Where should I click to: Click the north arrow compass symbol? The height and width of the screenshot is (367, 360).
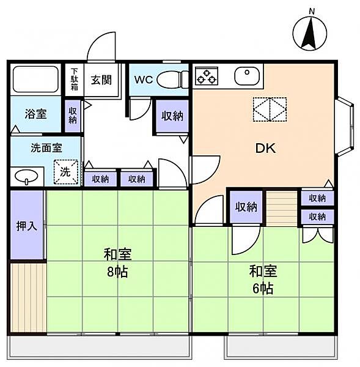tap(310, 33)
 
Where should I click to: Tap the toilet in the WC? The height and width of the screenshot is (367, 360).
tap(172, 80)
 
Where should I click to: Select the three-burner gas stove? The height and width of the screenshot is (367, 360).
tap(207, 76)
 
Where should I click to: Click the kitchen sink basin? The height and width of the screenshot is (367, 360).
tap(247, 76)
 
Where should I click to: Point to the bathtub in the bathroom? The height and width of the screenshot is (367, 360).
tap(35, 80)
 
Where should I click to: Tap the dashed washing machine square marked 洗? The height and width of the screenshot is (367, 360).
tap(66, 172)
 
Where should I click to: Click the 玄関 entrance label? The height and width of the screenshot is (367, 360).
tap(101, 80)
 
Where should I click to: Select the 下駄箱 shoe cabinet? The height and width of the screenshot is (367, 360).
tap(74, 80)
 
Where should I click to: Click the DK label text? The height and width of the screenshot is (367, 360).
tap(266, 149)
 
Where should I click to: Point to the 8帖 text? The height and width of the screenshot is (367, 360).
tap(117, 272)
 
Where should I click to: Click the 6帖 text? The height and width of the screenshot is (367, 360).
tap(263, 289)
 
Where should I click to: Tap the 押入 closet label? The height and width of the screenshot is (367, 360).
tap(27, 226)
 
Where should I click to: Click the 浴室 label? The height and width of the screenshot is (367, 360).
tap(36, 114)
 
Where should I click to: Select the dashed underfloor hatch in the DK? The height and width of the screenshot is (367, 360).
tap(270, 109)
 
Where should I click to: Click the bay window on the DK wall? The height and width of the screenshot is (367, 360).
tap(345, 127)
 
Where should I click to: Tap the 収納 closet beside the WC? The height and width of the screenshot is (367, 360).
tap(172, 116)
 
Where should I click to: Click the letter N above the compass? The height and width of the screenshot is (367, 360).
tap(312, 11)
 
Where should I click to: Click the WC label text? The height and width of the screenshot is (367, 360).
tap(144, 80)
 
